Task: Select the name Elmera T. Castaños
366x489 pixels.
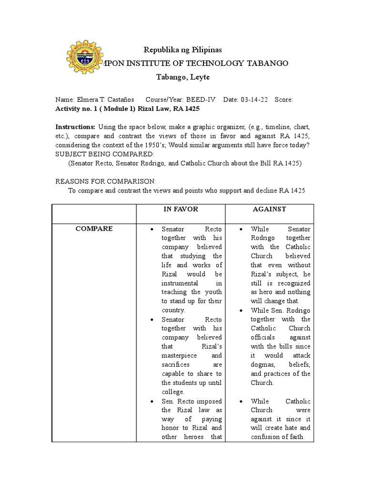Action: (97, 100)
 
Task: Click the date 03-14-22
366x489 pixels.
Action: (252, 100)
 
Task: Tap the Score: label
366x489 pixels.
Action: (284, 100)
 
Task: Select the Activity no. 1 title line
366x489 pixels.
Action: (127, 108)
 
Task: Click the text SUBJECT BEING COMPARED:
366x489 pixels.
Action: (105, 154)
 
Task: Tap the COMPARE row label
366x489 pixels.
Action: (94, 229)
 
